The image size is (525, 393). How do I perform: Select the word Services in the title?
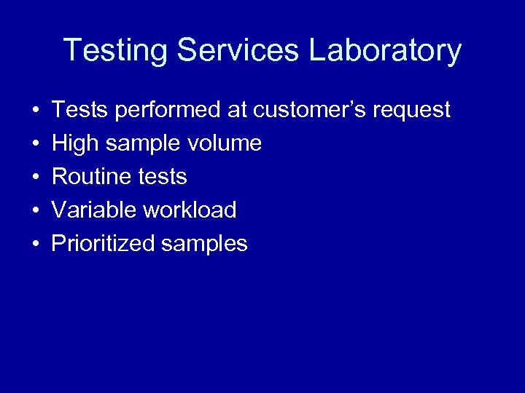(238, 51)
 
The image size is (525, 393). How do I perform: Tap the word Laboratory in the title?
(386, 52)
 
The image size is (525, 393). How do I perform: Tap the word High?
(75, 144)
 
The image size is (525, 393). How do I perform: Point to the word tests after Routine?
(163, 177)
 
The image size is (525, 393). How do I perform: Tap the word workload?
(190, 210)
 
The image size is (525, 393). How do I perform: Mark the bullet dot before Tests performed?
(35, 111)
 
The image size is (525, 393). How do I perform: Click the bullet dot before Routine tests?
(35, 178)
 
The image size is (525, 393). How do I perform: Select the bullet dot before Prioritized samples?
(35, 245)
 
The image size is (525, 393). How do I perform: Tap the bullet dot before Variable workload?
(35, 211)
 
